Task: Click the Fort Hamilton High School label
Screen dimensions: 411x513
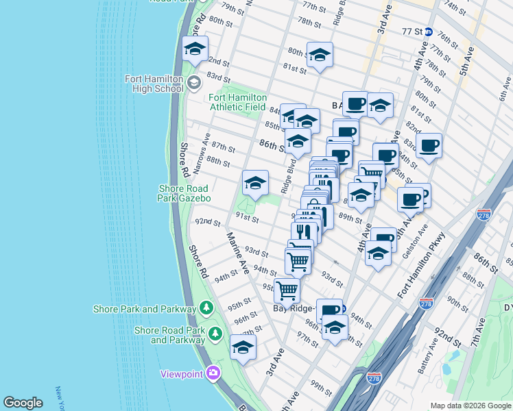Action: (x=154, y=84)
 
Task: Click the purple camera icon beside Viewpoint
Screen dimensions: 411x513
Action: (x=213, y=373)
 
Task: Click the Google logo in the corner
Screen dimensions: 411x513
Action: (x=23, y=403)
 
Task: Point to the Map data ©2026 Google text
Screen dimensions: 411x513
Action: (x=470, y=406)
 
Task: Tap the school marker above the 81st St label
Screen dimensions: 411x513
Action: (x=319, y=54)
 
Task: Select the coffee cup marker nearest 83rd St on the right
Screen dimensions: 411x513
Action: (x=429, y=145)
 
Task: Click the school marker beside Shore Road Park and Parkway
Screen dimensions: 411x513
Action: (x=243, y=347)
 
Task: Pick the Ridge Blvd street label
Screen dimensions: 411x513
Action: (x=289, y=175)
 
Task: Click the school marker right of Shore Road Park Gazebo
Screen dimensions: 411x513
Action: (x=255, y=183)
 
